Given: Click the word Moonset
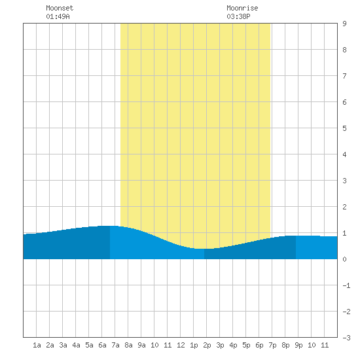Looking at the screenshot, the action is pyautogui.click(x=60, y=8).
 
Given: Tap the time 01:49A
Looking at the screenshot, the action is pyautogui.click(x=58, y=16).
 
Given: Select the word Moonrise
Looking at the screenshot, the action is pyautogui.click(x=242, y=8).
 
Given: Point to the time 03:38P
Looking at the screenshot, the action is pyautogui.click(x=238, y=16).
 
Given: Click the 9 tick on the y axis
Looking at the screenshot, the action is pyautogui.click(x=344, y=24).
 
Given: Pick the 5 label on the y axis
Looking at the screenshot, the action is pyautogui.click(x=344, y=128).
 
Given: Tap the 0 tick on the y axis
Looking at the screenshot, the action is pyautogui.click(x=344, y=259).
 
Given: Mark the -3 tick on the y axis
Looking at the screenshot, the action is pyautogui.click(x=346, y=338).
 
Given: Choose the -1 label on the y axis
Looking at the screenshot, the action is pyautogui.click(x=346, y=285).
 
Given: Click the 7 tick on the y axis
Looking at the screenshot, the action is pyautogui.click(x=344, y=76).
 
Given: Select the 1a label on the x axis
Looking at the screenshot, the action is pyautogui.click(x=37, y=345).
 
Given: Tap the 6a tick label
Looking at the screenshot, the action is pyautogui.click(x=102, y=345).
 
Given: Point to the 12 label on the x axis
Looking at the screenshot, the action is pyautogui.click(x=181, y=345).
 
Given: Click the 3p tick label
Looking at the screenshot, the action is pyautogui.click(x=220, y=345).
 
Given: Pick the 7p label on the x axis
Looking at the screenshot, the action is pyautogui.click(x=272, y=345).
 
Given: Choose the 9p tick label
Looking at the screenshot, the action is pyautogui.click(x=298, y=345).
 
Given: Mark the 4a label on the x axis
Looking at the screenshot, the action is pyautogui.click(x=76, y=345).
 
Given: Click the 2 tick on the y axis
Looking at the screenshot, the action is pyautogui.click(x=344, y=207).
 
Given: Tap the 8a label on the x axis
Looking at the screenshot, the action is pyautogui.click(x=128, y=345).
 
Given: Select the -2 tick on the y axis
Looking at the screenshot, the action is pyautogui.click(x=346, y=312).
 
